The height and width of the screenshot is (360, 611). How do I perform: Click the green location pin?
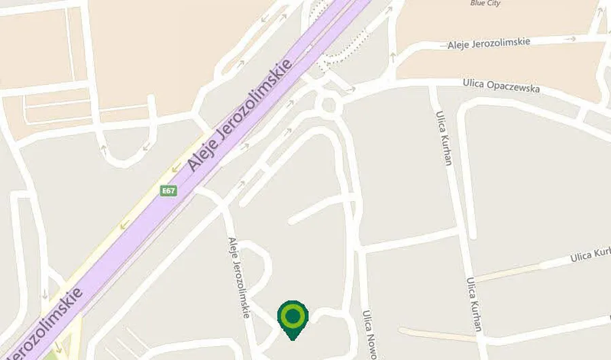293,317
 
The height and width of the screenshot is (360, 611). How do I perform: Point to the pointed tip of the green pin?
293,339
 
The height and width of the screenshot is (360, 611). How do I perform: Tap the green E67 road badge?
168,191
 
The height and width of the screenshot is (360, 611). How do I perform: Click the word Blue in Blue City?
478,3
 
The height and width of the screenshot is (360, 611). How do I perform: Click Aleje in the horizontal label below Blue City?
461,45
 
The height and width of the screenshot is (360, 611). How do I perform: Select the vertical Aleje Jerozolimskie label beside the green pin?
239,278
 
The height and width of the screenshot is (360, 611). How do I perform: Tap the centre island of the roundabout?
330,105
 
